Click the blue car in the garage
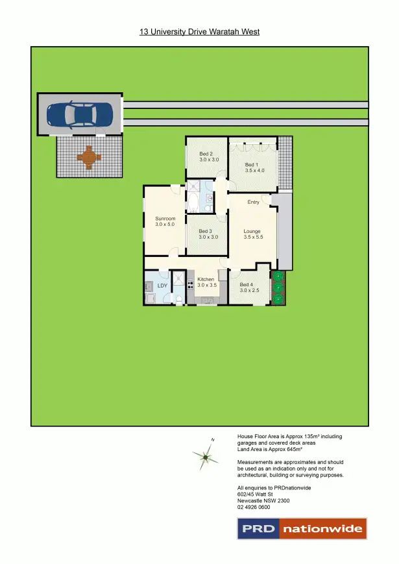80,115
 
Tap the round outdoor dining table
89,156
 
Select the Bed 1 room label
251,165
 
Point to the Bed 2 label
206,154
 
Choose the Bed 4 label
247,284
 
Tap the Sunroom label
165,219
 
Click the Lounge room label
252,232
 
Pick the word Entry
253,202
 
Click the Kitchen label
206,279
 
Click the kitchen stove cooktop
191,284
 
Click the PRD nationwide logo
302,528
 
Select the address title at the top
199,31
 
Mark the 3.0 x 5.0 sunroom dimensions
165,225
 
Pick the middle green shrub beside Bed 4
278,288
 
